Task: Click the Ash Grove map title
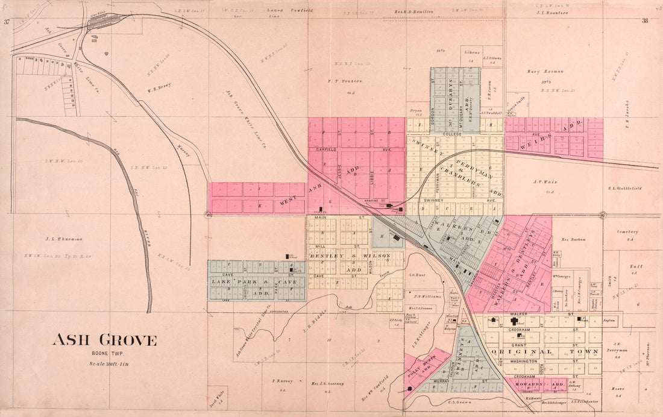click(x=104, y=340)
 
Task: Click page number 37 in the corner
click(x=7, y=22)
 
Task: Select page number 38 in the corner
click(x=644, y=20)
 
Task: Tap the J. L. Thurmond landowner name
click(x=63, y=238)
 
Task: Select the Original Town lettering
click(x=545, y=351)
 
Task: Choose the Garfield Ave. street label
click(x=330, y=148)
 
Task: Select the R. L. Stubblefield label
click(x=624, y=188)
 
